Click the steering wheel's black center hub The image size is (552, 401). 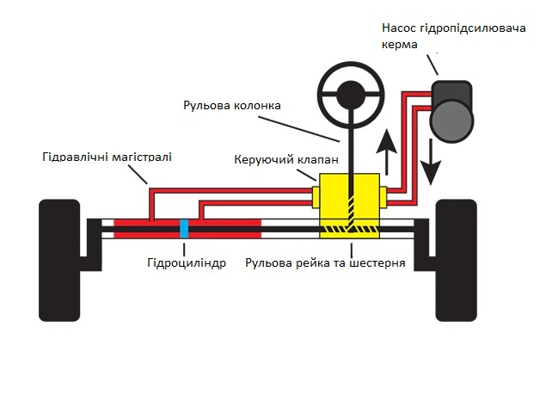coord(351,96)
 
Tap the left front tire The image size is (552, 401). coord(59,261)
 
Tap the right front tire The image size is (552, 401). coord(457,261)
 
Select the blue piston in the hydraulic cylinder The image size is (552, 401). coord(184,229)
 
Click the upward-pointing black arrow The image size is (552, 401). coord(387,151)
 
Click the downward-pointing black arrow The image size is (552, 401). coord(431,162)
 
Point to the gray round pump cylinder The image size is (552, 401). coord(451,120)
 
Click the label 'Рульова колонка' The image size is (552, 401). coord(232,105)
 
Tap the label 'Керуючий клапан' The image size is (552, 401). coord(286,159)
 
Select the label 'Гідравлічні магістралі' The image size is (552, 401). coord(107,157)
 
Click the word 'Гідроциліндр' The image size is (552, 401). coord(187,262)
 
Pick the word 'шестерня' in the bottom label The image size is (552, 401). coord(377,262)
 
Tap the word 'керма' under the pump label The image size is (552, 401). coord(400,45)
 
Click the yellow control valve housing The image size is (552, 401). coord(349,206)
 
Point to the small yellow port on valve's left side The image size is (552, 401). coord(316,196)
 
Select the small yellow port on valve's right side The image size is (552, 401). coord(383,196)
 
